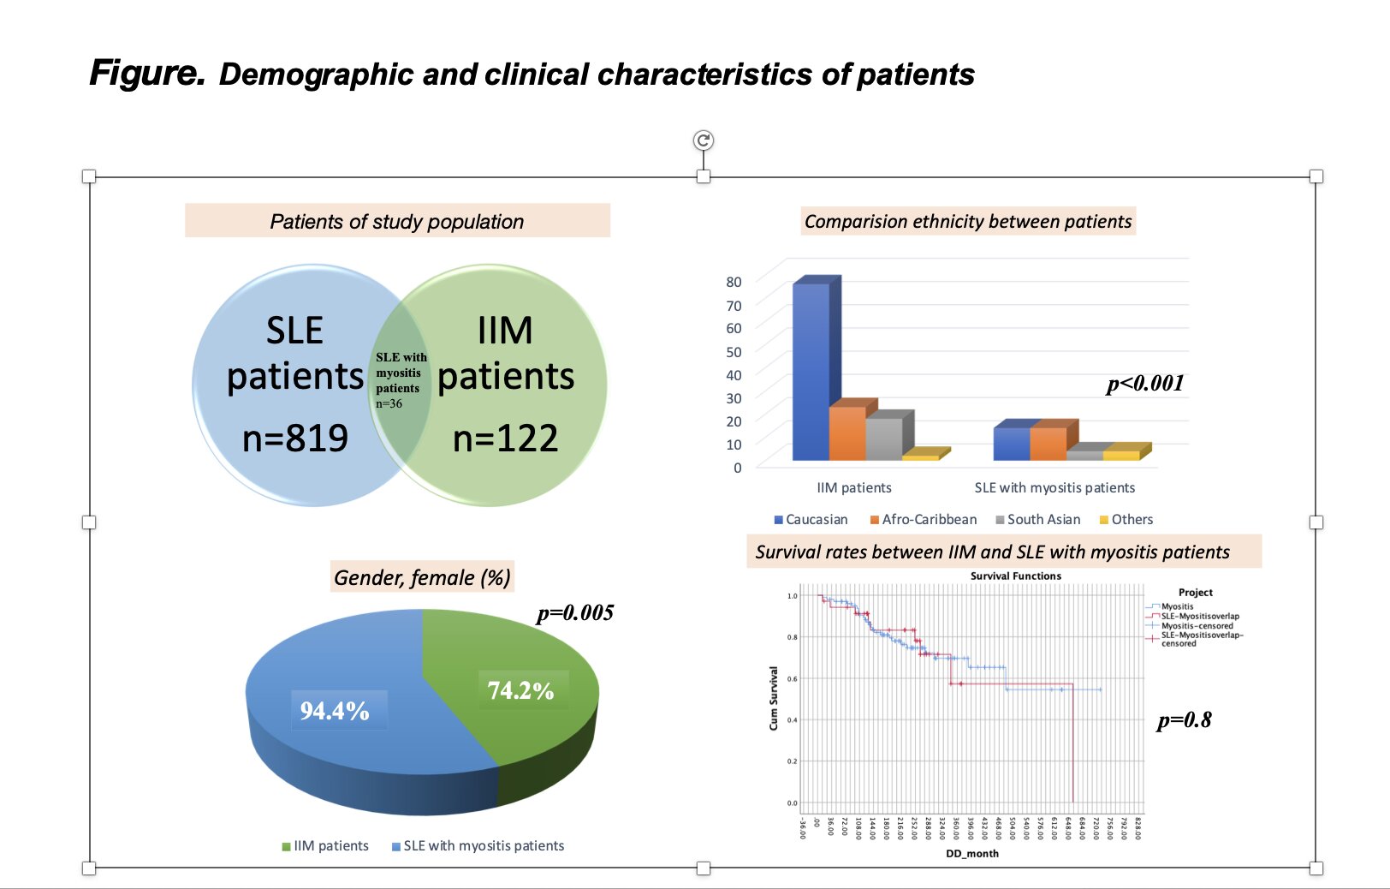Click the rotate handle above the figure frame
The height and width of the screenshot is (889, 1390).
pos(704,140)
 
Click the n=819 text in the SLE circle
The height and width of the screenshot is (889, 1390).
pos(295,439)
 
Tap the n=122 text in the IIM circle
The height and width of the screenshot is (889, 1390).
pos(505,439)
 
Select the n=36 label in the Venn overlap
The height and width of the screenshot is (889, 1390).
pos(389,404)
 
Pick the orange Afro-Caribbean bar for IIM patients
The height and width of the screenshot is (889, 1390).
pos(847,433)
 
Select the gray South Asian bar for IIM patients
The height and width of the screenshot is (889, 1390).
pos(884,439)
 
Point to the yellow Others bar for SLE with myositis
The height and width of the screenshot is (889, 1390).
pos(1121,455)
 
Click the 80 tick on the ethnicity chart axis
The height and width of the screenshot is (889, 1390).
pos(734,282)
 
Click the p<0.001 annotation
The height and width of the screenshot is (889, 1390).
pos(1145,384)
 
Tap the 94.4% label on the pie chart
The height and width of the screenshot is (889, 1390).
pos(335,711)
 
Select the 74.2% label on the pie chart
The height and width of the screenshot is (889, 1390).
pos(520,690)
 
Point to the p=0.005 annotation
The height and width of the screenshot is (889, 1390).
pos(575,613)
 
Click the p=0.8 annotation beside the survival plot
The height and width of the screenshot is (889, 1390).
pos(1184,720)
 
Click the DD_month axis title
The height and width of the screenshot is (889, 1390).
pos(971,854)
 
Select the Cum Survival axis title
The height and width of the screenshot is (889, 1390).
pos(774,698)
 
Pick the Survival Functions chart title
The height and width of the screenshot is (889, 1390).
pos(1015,576)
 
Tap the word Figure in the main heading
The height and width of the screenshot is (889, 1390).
pos(147,73)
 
